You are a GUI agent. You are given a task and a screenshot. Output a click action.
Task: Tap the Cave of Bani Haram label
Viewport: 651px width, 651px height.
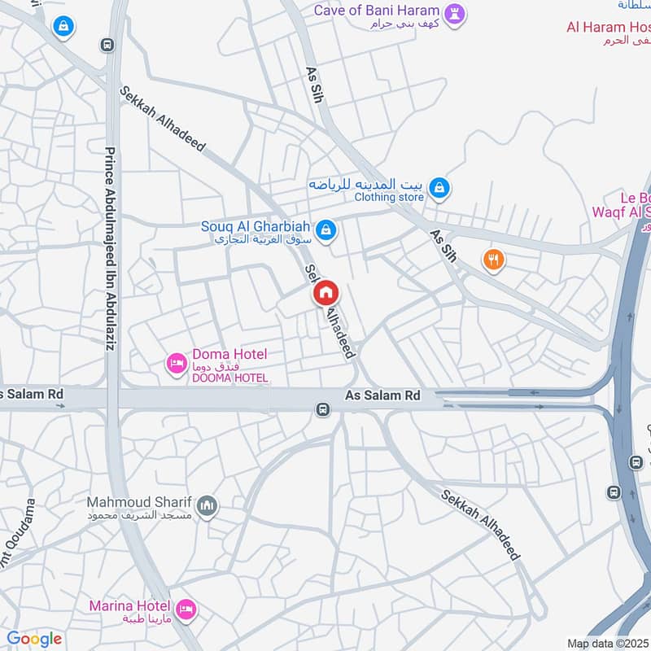[x=377, y=11]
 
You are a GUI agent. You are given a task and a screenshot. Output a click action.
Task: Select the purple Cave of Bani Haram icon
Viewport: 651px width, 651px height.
[x=455, y=15]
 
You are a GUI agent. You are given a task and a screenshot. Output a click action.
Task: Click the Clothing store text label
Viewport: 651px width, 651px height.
[x=389, y=197]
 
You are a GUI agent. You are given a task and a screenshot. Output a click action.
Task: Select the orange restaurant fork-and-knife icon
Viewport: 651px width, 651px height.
[x=494, y=260]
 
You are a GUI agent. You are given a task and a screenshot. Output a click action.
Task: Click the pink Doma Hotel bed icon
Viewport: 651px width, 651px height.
[x=176, y=364]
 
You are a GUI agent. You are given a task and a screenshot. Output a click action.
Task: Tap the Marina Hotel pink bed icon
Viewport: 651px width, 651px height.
[x=186, y=608]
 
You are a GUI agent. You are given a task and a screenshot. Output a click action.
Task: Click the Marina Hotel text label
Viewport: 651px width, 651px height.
[x=130, y=606]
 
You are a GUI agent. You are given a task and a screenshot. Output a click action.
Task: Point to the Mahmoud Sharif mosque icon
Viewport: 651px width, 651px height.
[x=208, y=506]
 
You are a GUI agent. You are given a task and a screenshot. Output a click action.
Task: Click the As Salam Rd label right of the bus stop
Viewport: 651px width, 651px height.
[x=382, y=395]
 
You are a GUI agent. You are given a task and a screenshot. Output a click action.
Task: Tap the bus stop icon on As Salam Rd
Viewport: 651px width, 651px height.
[x=323, y=409]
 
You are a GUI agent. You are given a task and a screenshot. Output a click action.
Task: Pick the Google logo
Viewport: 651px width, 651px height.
[x=34, y=639]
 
